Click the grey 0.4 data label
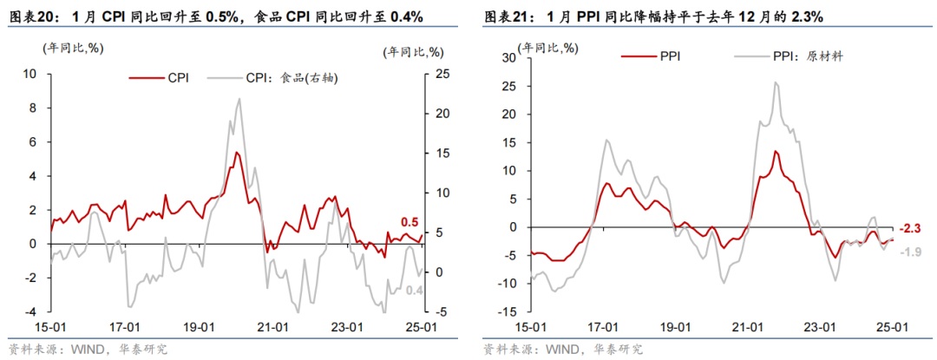[x=414, y=291]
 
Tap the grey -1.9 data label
[x=908, y=252]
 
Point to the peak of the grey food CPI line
[x=239, y=99]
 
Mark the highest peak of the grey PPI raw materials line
[x=775, y=82]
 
